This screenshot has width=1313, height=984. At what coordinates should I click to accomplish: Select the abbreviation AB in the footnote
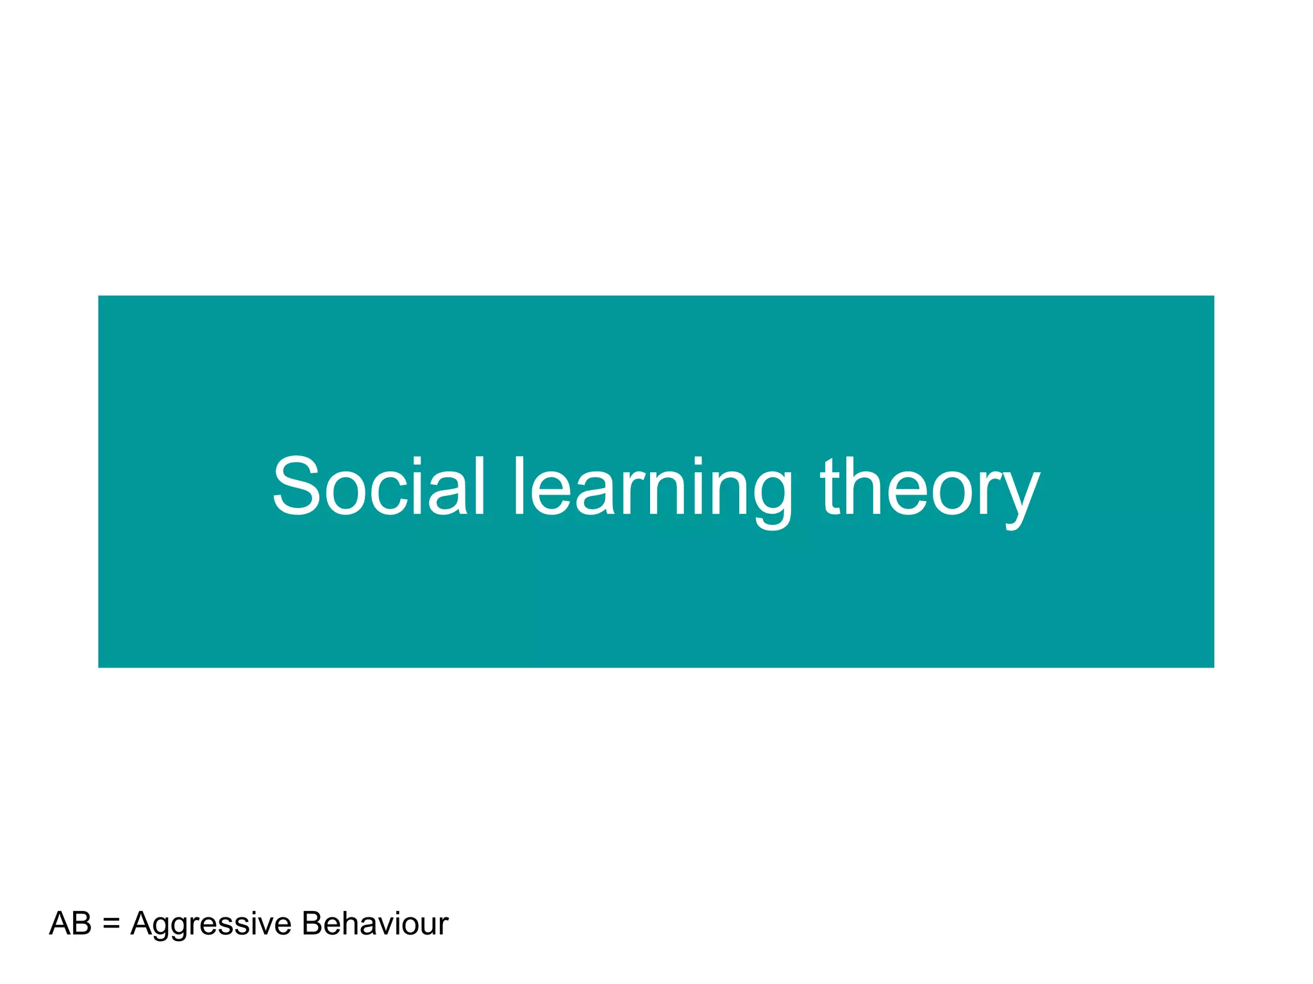(71, 924)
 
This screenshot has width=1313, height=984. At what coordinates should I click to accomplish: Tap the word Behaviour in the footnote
(375, 924)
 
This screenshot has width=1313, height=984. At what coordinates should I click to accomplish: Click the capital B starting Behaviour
(312, 924)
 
